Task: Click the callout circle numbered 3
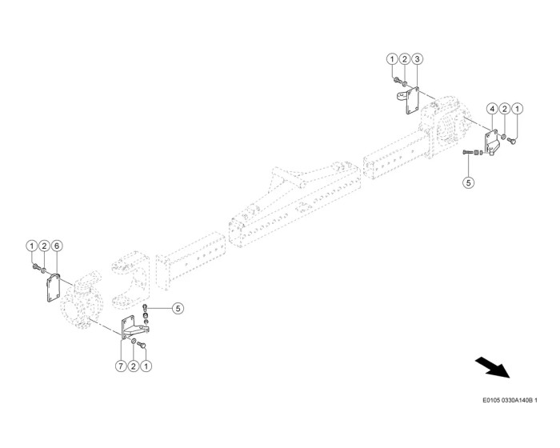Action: [418, 59]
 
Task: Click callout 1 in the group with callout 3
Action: [392, 59]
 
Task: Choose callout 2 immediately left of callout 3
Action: [405, 59]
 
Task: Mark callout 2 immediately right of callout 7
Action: [134, 366]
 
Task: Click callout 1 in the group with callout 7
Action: [146, 366]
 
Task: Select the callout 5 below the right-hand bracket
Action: [469, 182]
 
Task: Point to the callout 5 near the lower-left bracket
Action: [178, 307]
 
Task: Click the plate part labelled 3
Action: [414, 102]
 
